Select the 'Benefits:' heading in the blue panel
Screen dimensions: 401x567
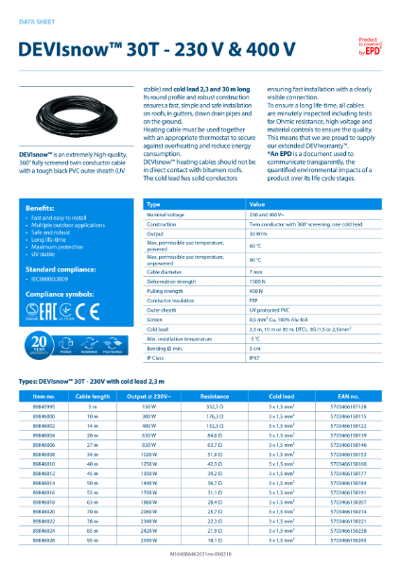click(40, 207)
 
